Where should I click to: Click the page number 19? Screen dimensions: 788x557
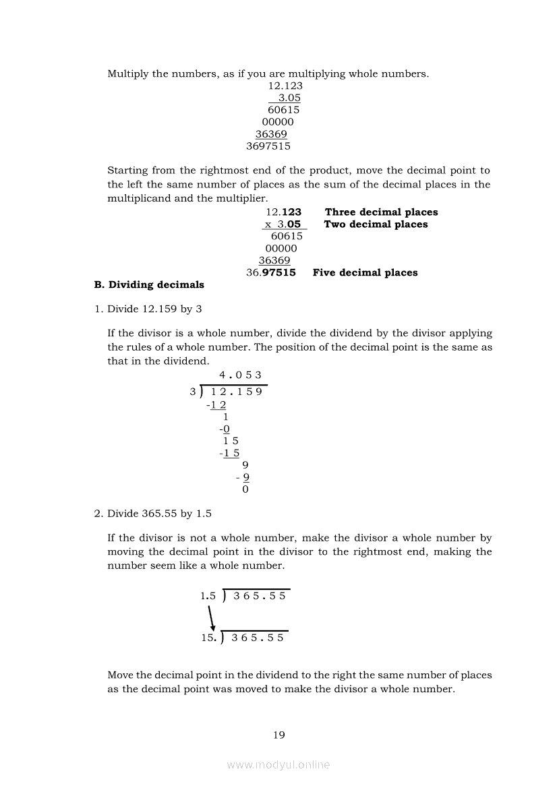coord(279,735)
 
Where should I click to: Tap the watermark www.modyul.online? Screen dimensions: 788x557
coord(278,765)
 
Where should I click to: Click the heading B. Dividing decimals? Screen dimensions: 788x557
coord(149,284)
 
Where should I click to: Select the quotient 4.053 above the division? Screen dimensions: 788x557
coord(240,375)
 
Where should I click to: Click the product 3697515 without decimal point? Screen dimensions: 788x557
coord(268,146)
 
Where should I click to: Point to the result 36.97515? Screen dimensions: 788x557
coord(271,272)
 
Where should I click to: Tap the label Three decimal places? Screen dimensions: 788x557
coord(381,212)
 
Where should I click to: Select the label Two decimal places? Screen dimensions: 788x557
coord(376,224)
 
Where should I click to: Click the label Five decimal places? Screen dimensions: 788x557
coord(365,272)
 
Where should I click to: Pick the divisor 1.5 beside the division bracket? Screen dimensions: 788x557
coord(208,596)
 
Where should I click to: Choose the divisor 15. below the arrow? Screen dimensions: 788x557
coord(209,638)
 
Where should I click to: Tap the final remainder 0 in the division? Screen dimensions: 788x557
coord(245,489)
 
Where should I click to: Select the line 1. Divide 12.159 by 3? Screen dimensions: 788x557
coord(148,309)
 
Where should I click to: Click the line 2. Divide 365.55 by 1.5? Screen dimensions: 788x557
coord(152,514)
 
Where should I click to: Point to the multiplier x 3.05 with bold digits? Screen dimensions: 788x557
coord(283,224)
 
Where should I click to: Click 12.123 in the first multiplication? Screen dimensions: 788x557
coord(285,86)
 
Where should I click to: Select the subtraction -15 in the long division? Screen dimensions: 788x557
coord(229,453)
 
